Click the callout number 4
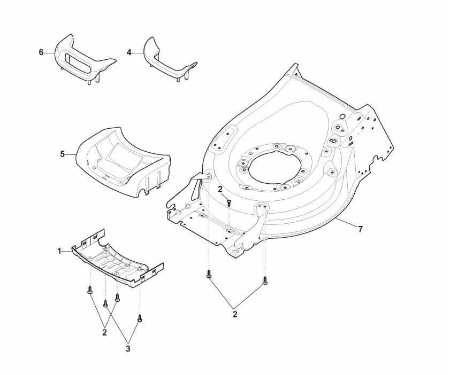[x=129, y=52]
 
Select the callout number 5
[x=63, y=154]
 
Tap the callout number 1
[x=60, y=250]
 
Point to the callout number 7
[x=360, y=229]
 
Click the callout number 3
[x=128, y=349]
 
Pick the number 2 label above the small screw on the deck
[x=220, y=189]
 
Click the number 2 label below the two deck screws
[x=235, y=315]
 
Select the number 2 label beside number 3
[x=104, y=332]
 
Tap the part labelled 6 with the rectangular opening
[x=80, y=59]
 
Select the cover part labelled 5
[x=123, y=160]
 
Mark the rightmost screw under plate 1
[x=140, y=318]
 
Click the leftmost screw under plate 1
[x=90, y=290]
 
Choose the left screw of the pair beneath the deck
[x=208, y=275]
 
